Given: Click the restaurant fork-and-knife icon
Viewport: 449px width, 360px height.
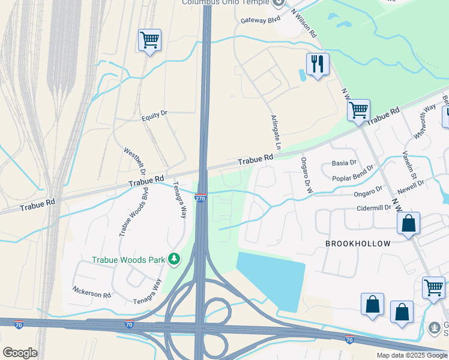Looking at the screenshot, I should click(x=318, y=63).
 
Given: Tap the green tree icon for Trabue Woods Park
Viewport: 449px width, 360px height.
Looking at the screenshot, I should click(x=174, y=259).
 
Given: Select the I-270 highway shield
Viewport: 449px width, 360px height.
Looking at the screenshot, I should click(x=201, y=198).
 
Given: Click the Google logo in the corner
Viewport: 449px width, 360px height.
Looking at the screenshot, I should click(x=20, y=353).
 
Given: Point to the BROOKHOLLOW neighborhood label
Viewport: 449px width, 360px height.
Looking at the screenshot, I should click(x=358, y=244).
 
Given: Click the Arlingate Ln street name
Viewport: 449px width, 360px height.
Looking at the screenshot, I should click(x=276, y=133).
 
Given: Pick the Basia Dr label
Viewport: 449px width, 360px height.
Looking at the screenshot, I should click(x=344, y=163).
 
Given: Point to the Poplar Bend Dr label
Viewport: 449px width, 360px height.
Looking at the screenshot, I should click(x=353, y=173).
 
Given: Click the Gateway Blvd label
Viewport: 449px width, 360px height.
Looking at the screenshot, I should click(x=261, y=20).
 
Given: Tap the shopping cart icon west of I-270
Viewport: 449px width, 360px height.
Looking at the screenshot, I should click(x=149, y=40).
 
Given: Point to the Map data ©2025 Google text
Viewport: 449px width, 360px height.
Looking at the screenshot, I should click(x=411, y=355).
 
